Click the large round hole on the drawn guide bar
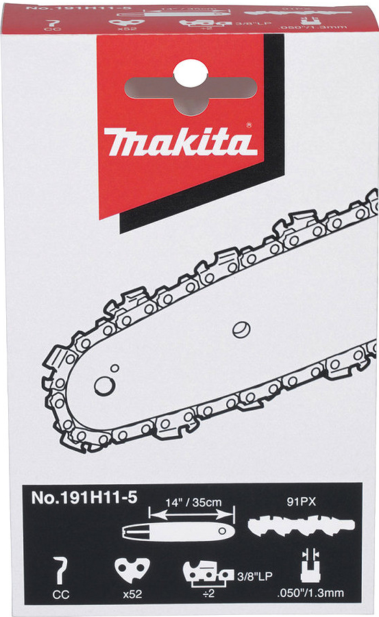coord(104,386)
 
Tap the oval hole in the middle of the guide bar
coord(241,328)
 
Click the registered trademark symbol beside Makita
coord(248,127)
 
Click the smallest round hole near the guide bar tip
coord(115,368)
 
